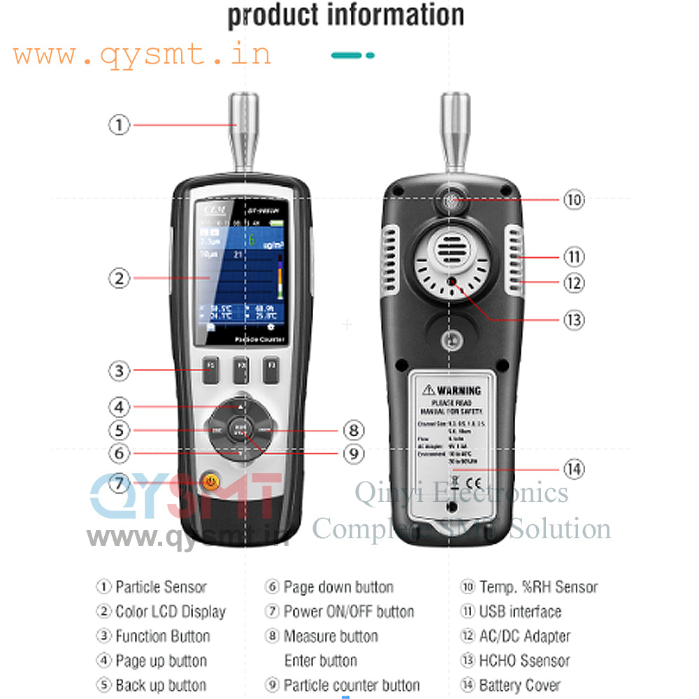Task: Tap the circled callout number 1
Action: (119, 125)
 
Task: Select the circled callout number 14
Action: (574, 469)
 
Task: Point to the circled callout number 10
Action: (574, 199)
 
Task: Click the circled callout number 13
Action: (574, 320)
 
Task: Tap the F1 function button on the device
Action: (210, 370)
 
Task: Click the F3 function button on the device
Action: (271, 370)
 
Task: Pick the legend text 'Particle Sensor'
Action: (161, 587)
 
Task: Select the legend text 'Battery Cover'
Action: (519, 686)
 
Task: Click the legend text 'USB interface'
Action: (520, 612)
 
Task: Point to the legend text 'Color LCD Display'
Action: (171, 612)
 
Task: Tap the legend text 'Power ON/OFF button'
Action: (349, 612)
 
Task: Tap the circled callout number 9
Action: (354, 454)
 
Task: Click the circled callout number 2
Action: (119, 278)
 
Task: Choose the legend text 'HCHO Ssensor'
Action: (524, 661)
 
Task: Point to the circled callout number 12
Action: (574, 283)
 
